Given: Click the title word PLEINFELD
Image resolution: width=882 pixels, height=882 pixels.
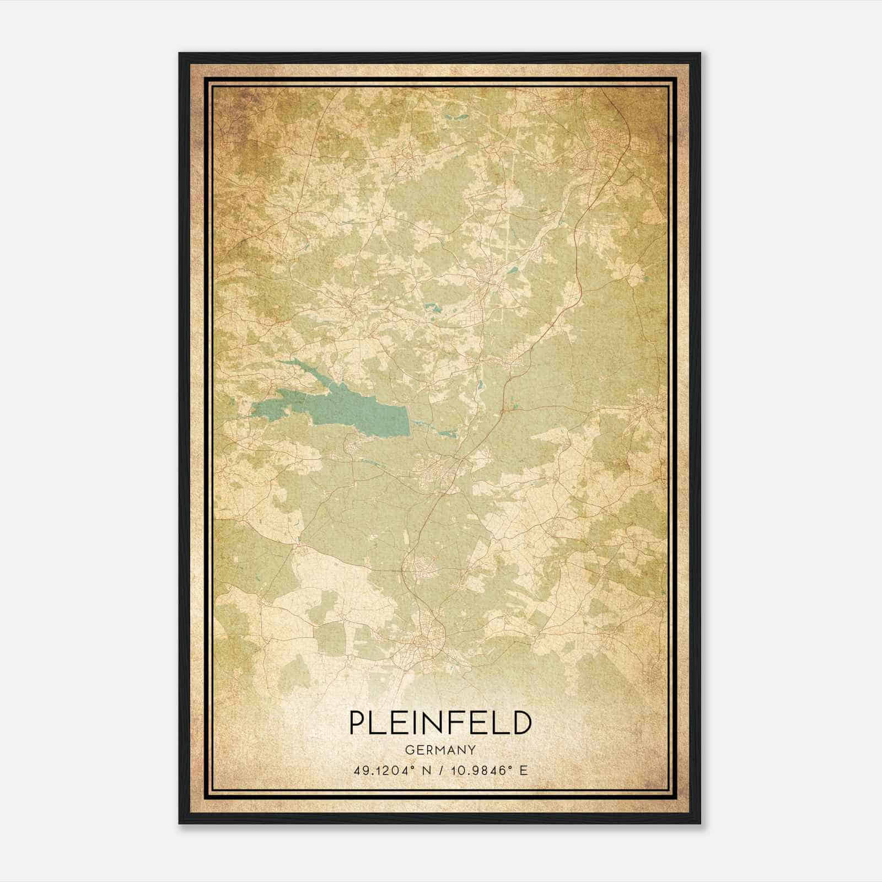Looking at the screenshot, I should [x=440, y=723].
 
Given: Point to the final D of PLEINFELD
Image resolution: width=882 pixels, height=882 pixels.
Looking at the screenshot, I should [x=521, y=723].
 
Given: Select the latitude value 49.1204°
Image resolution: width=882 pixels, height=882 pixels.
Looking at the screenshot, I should [x=385, y=770].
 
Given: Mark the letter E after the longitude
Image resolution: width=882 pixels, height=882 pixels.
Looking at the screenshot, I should [x=524, y=770].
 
